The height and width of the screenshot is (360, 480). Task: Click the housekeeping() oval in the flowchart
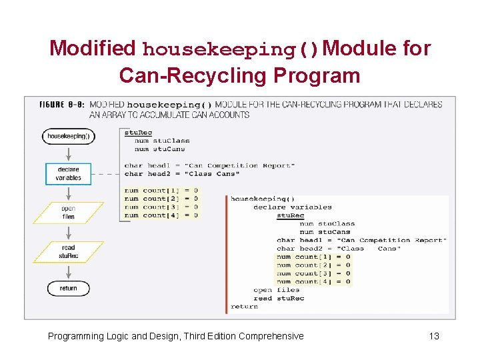(68, 136)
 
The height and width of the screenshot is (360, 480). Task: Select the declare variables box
(69, 173)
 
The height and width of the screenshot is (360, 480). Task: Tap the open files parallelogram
(68, 213)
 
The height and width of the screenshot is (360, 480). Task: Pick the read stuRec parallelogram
(68, 251)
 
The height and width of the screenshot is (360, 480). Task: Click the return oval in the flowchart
(68, 288)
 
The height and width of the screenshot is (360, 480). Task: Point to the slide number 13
(434, 336)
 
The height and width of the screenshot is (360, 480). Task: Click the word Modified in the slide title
(92, 49)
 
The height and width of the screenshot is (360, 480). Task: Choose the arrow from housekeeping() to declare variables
(68, 153)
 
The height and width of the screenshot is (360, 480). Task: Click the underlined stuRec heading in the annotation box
(138, 133)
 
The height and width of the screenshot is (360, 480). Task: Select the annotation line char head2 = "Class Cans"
(181, 174)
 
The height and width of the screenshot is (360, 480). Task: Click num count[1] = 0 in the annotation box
(161, 191)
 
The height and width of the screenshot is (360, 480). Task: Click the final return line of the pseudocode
(244, 306)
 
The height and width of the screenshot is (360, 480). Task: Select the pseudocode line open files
(277, 290)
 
